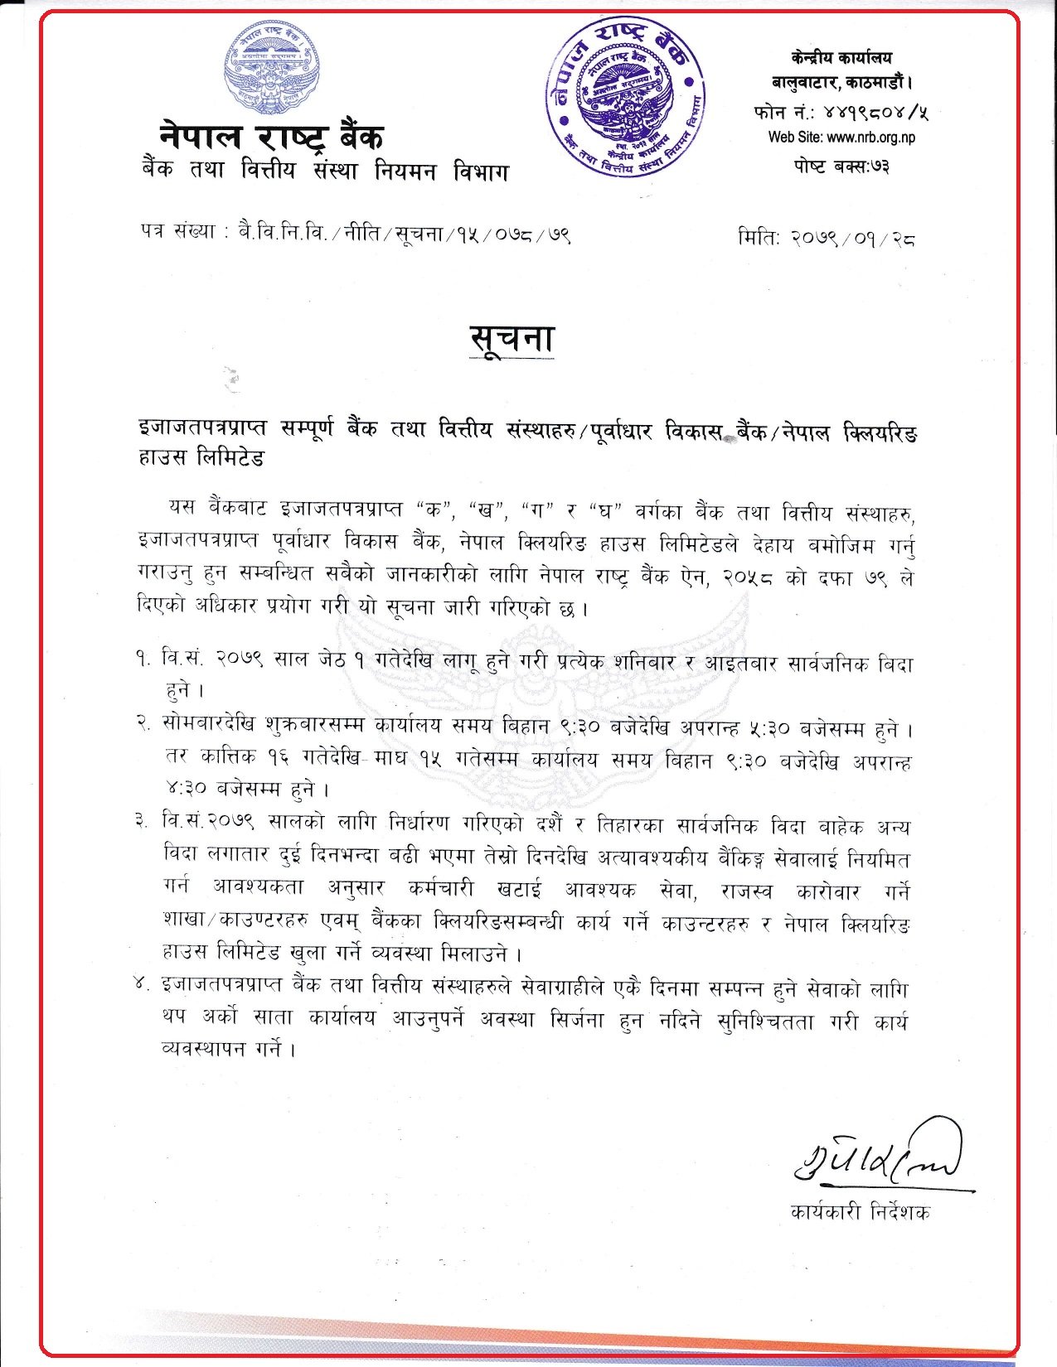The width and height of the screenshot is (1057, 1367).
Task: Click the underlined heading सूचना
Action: click(511, 340)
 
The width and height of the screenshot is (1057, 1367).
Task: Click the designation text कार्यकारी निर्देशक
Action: click(860, 1212)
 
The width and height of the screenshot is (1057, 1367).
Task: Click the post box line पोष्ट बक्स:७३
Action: click(841, 167)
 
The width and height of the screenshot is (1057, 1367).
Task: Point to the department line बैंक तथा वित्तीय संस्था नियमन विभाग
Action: click(324, 171)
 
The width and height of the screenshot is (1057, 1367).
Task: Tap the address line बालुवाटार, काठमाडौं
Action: click(841, 82)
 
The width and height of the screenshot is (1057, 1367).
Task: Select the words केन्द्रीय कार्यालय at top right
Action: click(841, 57)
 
